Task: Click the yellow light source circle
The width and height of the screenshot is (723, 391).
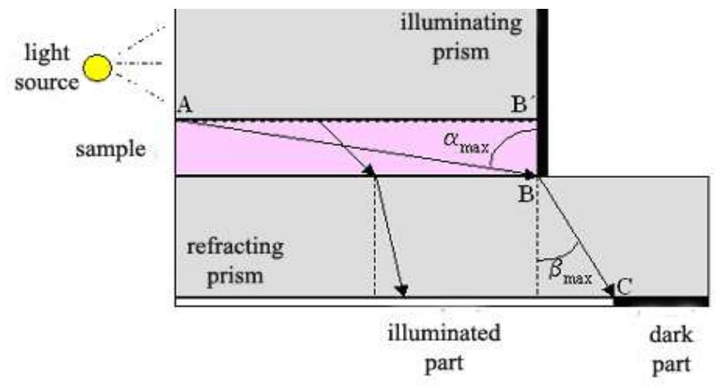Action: tap(98, 68)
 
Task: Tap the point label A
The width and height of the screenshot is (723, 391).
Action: tap(185, 105)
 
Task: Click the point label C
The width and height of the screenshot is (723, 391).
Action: tap(624, 286)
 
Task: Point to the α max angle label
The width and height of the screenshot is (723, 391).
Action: tap(466, 144)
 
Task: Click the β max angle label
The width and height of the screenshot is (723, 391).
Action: tap(570, 274)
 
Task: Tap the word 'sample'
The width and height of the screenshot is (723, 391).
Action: tap(111, 150)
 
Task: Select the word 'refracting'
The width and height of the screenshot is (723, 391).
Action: tap(235, 248)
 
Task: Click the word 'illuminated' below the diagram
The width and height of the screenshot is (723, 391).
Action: tap(444, 333)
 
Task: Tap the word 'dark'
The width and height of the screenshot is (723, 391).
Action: tap(671, 335)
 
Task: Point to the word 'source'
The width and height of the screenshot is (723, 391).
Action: tap(47, 82)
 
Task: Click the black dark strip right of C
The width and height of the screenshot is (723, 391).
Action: tap(661, 302)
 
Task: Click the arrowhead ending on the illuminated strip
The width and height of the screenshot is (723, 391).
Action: tap(403, 290)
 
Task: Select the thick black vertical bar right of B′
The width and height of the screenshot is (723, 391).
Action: tap(542, 92)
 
